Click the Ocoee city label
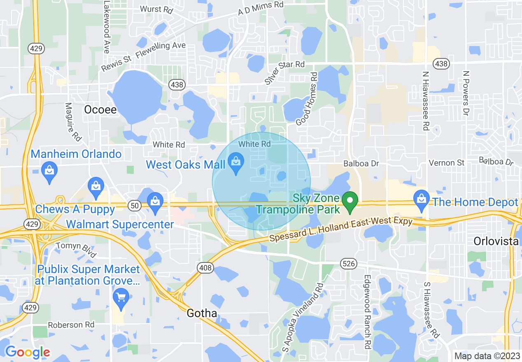pos(100,109)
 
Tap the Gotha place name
pos(202,313)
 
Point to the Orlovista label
pos(496,241)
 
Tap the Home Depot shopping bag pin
pos(421,201)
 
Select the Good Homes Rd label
pos(307,99)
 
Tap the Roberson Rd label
pos(71,325)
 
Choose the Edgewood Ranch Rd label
pos(366,312)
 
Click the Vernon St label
pos(447,163)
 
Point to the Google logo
pos(28,352)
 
